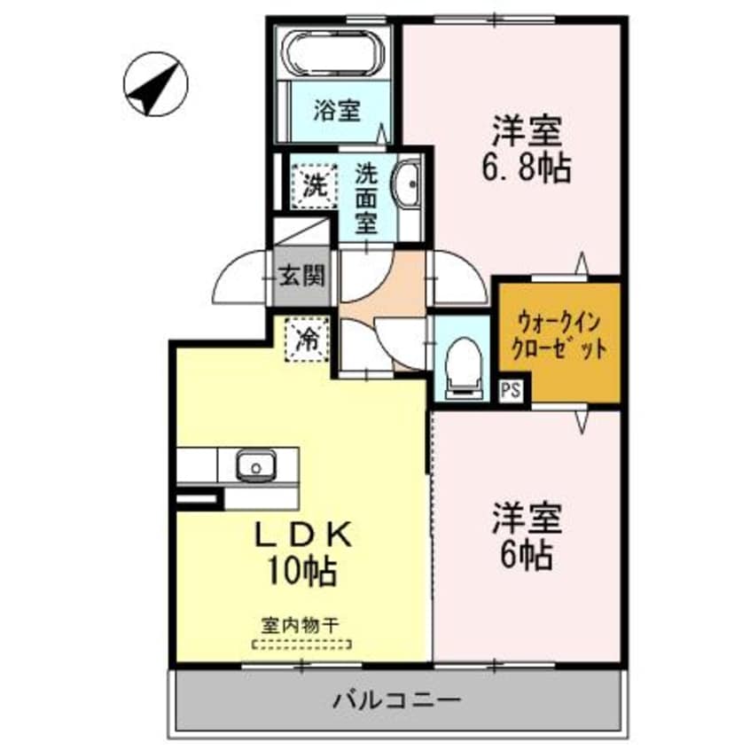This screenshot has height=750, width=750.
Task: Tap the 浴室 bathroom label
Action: (337, 111)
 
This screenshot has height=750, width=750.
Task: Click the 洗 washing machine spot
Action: (313, 185)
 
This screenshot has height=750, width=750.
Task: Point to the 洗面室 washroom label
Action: (366, 198)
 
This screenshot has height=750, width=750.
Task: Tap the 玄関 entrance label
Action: (301, 277)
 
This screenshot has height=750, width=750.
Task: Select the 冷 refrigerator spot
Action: (305, 340)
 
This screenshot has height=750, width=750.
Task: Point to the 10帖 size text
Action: (304, 570)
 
